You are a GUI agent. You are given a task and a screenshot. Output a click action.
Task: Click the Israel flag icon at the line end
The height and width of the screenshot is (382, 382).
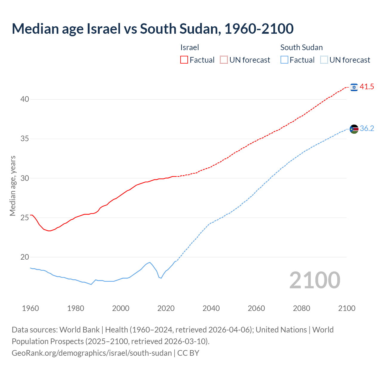click(354, 87)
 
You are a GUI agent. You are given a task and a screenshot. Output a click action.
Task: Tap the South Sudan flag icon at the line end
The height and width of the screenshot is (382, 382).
click(354, 129)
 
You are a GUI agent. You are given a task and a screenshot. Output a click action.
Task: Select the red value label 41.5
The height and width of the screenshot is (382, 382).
click(367, 87)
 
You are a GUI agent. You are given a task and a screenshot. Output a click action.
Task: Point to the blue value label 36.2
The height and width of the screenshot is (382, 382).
click(367, 129)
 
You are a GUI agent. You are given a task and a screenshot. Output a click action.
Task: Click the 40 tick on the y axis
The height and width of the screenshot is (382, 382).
click(25, 99)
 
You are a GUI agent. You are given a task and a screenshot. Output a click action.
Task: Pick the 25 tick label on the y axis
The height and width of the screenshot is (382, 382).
click(25, 218)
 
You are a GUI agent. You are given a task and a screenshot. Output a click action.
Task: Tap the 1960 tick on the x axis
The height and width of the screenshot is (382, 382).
click(30, 308)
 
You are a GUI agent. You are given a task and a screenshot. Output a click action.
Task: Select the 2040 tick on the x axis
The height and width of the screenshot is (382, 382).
click(211, 308)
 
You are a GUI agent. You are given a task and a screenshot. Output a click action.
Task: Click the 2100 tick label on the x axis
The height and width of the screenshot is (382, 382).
click(346, 308)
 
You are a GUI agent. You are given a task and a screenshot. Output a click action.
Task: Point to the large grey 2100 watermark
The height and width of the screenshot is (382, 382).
click(315, 280)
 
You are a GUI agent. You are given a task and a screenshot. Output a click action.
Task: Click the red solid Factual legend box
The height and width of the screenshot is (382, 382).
click(184, 60)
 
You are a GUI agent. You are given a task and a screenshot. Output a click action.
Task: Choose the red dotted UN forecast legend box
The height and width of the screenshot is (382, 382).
click(224, 60)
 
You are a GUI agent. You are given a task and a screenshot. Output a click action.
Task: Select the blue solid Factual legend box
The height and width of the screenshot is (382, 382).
click(284, 60)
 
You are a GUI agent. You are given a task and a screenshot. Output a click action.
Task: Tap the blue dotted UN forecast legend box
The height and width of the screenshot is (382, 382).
click(324, 60)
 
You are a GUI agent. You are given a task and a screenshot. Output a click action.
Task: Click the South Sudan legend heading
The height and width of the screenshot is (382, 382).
click(301, 47)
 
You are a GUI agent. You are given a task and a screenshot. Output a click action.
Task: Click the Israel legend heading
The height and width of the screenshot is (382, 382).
click(190, 47)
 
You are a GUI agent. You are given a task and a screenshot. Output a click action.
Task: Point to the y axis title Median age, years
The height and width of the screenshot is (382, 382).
click(13, 186)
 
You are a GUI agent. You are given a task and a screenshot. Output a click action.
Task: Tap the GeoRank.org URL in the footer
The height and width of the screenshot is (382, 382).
click(92, 353)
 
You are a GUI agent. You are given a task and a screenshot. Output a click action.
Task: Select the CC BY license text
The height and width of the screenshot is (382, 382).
click(188, 353)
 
